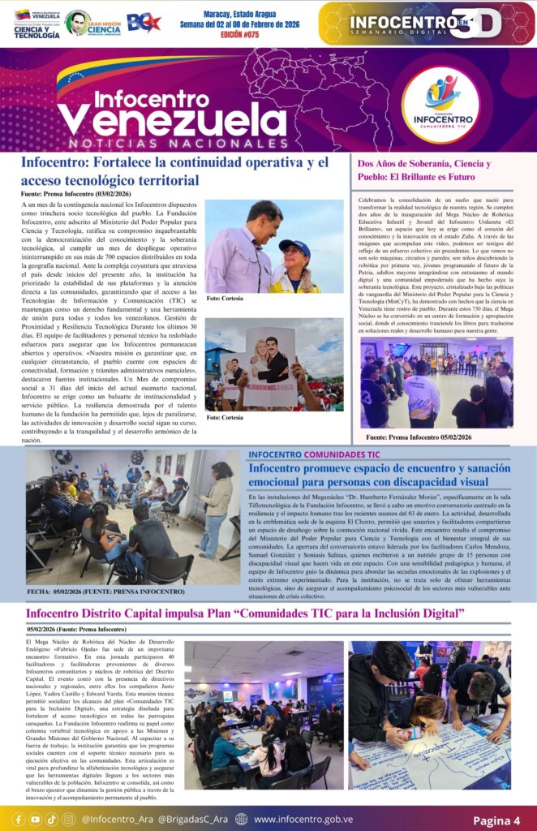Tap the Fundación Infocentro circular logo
[x=441, y=102]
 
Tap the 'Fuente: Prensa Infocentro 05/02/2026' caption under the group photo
[x=419, y=437]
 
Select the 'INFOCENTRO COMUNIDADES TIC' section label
[x=314, y=454]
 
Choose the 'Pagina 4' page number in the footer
[x=496, y=820]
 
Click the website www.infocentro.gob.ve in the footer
[x=304, y=820]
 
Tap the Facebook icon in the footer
[x=18, y=820]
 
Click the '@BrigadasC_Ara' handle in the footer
[x=194, y=820]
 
